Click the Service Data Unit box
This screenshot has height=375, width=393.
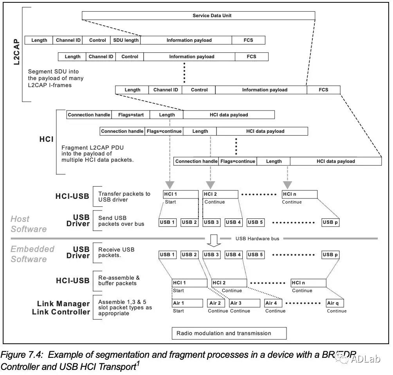click(198, 16)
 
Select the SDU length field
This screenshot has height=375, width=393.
click(126, 40)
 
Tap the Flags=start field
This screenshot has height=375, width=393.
click(130, 115)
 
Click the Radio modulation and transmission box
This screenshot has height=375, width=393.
click(229, 333)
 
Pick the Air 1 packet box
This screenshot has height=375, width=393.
click(187, 303)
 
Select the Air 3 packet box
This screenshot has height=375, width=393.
click(245, 303)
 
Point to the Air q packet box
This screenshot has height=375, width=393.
click(335, 303)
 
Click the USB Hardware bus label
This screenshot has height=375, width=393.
click(258, 239)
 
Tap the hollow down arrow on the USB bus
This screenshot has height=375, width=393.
click(213, 240)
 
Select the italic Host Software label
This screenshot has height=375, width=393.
click(28, 224)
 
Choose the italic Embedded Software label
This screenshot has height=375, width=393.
click(32, 254)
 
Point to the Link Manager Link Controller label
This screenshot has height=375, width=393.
click(63, 308)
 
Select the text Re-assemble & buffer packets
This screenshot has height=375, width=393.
click(119, 280)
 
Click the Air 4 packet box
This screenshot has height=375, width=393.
click(274, 303)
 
